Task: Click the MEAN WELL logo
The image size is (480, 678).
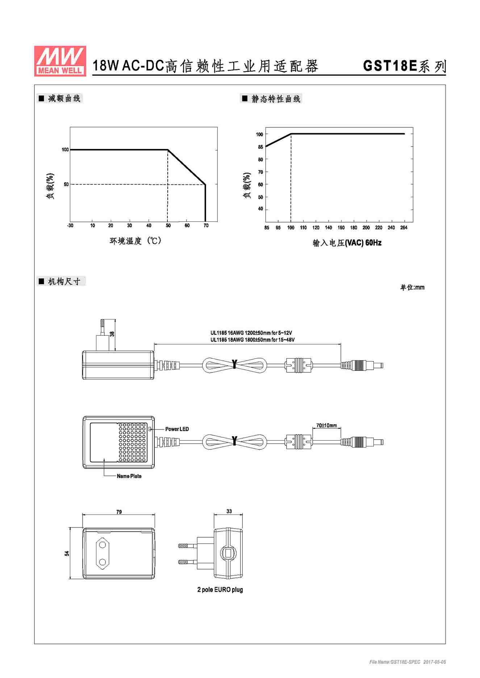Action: click(x=60, y=61)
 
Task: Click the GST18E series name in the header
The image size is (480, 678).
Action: click(x=404, y=66)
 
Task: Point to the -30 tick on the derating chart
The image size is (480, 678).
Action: click(x=70, y=225)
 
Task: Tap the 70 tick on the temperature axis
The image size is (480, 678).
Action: click(x=206, y=225)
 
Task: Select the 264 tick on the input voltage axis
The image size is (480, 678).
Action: click(x=404, y=228)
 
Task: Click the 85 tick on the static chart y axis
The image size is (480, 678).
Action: click(x=260, y=147)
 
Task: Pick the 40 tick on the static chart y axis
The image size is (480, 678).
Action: click(x=260, y=209)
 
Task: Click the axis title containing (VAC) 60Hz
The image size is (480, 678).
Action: click(x=347, y=243)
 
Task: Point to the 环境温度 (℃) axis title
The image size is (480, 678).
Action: click(x=135, y=241)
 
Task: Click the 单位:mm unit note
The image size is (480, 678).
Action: click(x=412, y=287)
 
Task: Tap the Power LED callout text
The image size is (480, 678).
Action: click(x=177, y=429)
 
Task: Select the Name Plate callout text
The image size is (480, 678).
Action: click(x=129, y=476)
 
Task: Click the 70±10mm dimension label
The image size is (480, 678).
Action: click(x=326, y=425)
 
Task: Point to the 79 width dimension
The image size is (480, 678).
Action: click(x=119, y=512)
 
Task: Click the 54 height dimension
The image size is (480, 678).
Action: click(x=67, y=553)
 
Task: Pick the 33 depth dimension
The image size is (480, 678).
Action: click(x=229, y=511)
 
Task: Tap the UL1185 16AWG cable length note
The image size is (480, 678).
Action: click(x=251, y=333)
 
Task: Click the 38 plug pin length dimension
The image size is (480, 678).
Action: click(x=112, y=334)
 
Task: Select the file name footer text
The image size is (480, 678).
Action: click(x=408, y=662)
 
